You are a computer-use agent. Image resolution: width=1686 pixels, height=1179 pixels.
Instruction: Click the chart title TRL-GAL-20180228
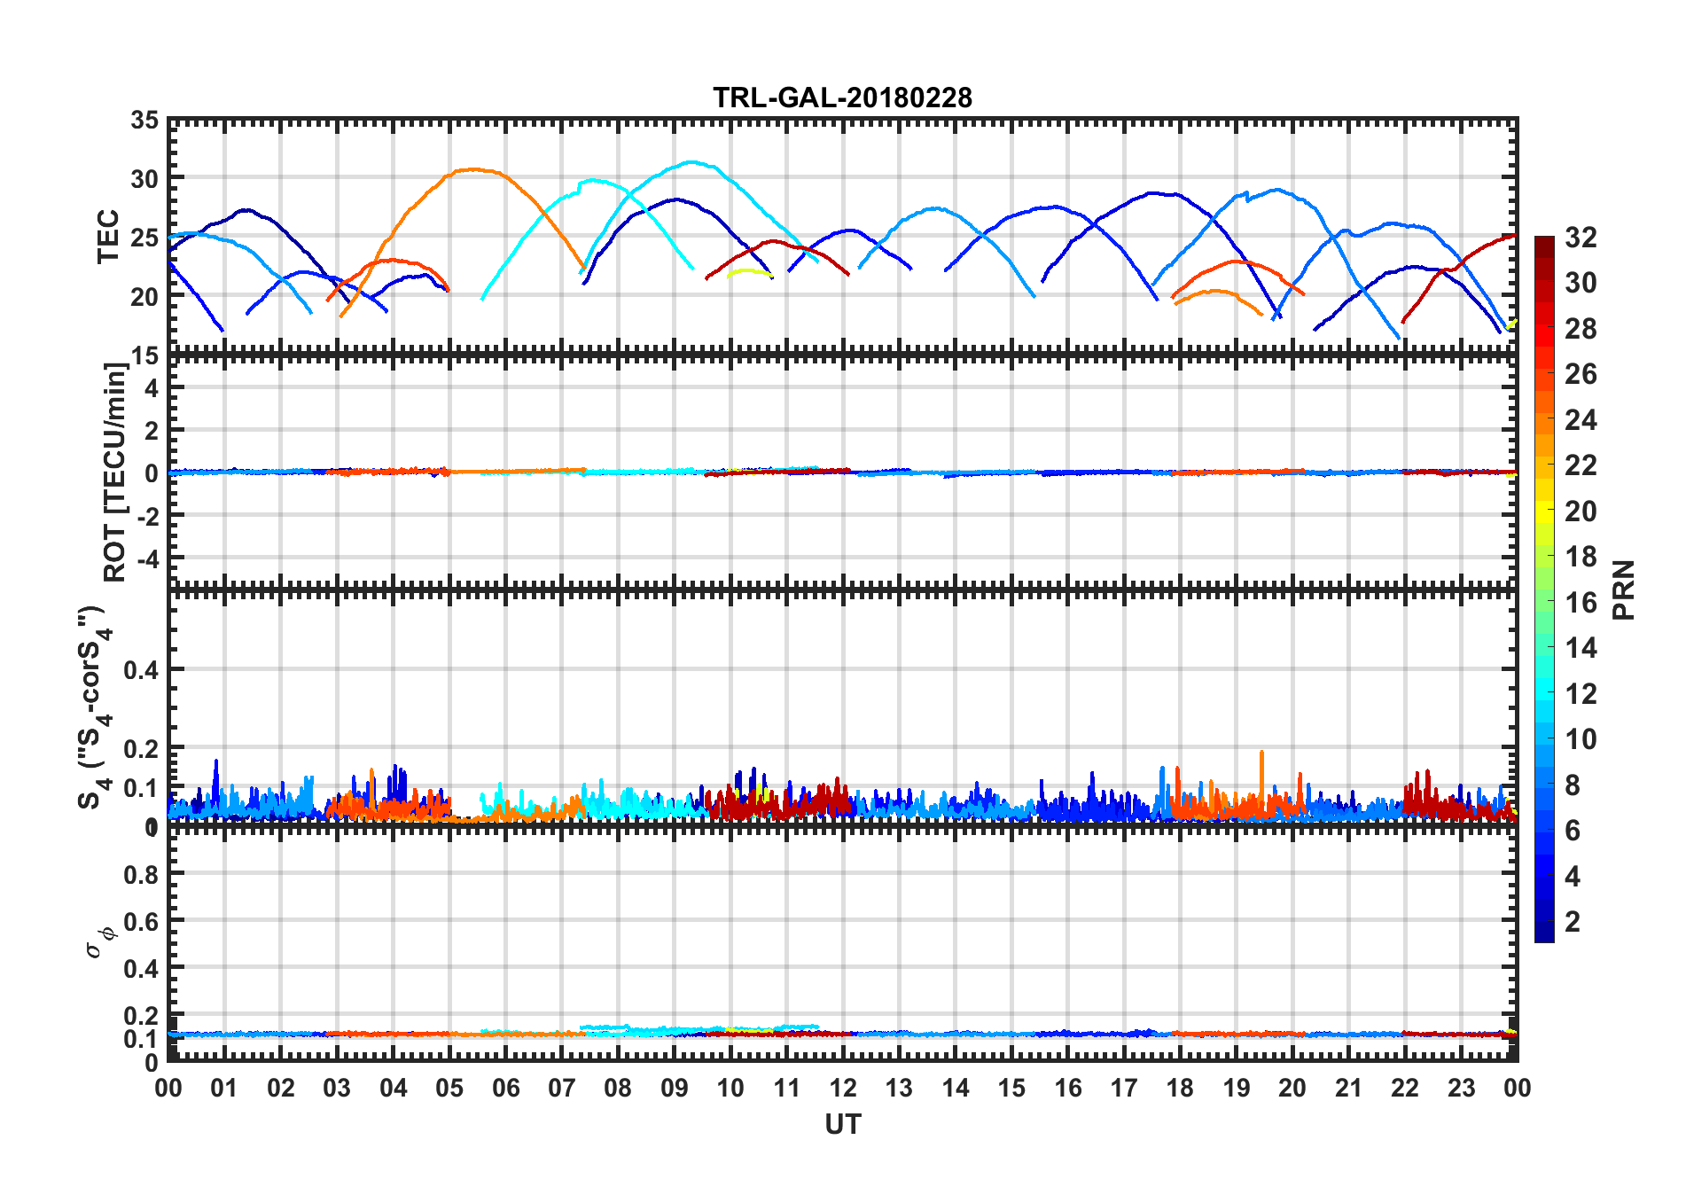pyautogui.click(x=842, y=98)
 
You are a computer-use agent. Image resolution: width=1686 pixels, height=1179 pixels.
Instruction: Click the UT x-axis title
pyautogui.click(x=842, y=1124)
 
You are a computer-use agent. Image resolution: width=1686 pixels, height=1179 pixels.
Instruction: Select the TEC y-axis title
pyautogui.click(x=108, y=237)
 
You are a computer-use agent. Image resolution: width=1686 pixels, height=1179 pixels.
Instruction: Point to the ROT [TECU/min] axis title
pyautogui.click(x=115, y=472)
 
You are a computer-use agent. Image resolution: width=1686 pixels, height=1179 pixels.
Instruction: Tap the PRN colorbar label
pyautogui.click(x=1624, y=589)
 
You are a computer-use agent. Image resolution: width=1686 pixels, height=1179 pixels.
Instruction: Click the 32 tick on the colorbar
pyautogui.click(x=1581, y=238)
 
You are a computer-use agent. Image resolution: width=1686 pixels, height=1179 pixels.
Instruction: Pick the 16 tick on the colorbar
pyautogui.click(x=1581, y=603)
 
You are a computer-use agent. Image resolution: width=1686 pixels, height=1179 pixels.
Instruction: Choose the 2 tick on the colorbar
pyautogui.click(x=1573, y=922)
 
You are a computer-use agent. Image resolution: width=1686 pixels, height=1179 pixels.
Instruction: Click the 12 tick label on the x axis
pyautogui.click(x=842, y=1088)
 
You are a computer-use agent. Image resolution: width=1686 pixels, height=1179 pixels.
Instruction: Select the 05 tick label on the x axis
pyautogui.click(x=449, y=1088)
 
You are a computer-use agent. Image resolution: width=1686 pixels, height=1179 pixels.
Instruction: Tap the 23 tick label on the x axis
pyautogui.click(x=1461, y=1088)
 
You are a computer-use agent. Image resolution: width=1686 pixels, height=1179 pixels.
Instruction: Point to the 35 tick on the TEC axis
pyautogui.click(x=144, y=121)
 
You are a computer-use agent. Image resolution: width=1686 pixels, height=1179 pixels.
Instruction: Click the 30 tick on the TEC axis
pyautogui.click(x=144, y=178)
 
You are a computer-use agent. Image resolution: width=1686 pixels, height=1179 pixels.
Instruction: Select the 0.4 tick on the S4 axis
pyautogui.click(x=141, y=670)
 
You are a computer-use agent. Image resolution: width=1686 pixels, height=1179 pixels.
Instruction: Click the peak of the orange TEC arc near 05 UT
pyautogui.click(x=473, y=168)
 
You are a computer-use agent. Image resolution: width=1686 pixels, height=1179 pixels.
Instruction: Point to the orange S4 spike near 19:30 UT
pyautogui.click(x=1261, y=753)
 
